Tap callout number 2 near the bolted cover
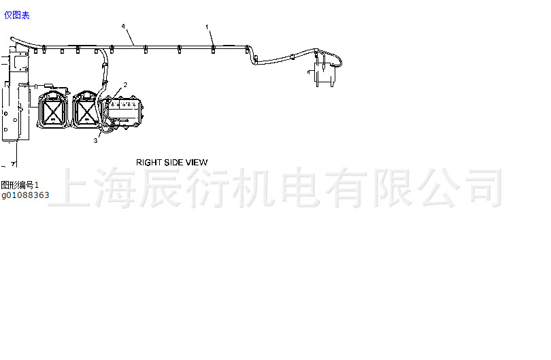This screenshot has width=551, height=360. [x=125, y=84]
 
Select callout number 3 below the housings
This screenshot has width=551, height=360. [x=95, y=141]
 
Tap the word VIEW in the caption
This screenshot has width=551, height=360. [x=196, y=162]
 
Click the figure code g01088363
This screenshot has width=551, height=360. [x=24, y=195]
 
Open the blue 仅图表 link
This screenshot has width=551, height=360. [x=17, y=15]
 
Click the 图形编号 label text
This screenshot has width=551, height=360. [x=17, y=185]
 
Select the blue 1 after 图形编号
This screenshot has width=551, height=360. [x=37, y=185]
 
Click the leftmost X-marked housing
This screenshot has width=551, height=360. [x=52, y=109]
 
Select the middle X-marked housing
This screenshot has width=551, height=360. [x=86, y=109]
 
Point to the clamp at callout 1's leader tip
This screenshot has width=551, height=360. [x=213, y=48]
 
